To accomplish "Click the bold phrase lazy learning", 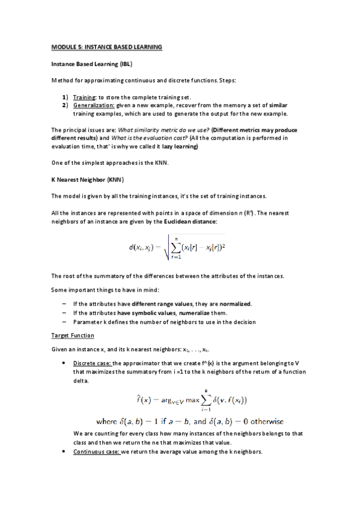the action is tap(180, 147).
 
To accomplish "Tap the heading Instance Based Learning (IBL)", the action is tap(91, 63).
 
